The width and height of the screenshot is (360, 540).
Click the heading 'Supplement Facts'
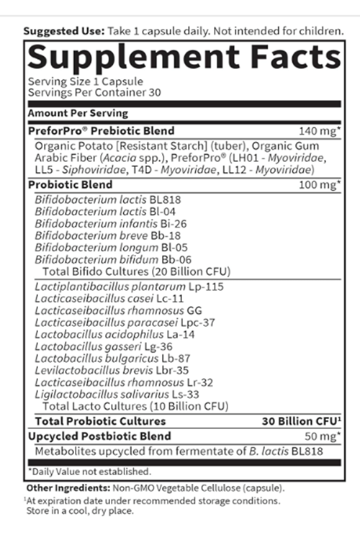[x=183, y=58]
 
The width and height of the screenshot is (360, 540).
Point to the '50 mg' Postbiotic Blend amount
[x=321, y=436]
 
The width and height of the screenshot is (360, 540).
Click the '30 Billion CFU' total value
[x=301, y=421]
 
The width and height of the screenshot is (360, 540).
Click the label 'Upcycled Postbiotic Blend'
[x=99, y=436]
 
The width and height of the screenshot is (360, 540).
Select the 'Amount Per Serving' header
[x=78, y=113]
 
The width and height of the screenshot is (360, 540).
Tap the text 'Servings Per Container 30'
[x=84, y=93]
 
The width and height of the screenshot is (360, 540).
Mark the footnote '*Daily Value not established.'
[x=89, y=472]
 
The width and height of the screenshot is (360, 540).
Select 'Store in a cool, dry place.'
[x=81, y=512]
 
